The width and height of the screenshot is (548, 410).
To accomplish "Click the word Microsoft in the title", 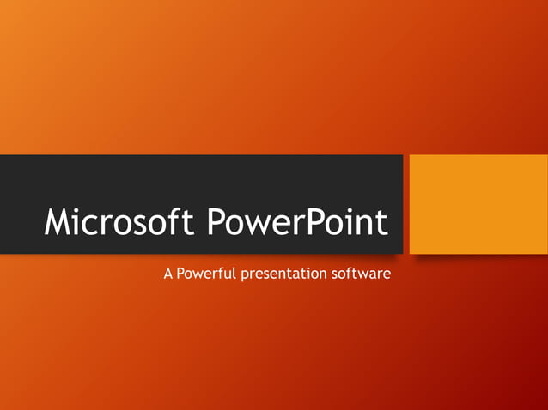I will coord(121,224).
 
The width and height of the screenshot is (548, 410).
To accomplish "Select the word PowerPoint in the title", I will coord(297,224).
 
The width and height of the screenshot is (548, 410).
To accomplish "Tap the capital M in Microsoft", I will coord(60,223).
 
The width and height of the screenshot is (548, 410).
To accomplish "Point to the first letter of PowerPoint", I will coord(217,223).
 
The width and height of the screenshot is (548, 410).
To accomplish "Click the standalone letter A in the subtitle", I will coord(167,275).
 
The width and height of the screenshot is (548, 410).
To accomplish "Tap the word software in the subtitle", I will coord(361,275).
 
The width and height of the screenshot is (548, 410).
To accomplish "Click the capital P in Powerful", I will coord(180,275).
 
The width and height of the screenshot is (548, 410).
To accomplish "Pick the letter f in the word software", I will coord(352,274).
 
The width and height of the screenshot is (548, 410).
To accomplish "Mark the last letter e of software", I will coord(387,277).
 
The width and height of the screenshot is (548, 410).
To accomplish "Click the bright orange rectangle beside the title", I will coord(478,204).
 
